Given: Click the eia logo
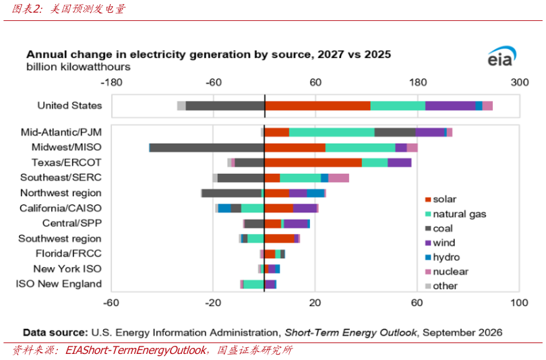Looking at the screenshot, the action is click(502, 57).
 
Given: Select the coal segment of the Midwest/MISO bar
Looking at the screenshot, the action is click(207, 148).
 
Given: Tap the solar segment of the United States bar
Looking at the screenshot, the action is click(317, 106).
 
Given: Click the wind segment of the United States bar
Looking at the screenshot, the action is click(450, 106).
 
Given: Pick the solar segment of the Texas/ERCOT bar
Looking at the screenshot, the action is click(313, 162).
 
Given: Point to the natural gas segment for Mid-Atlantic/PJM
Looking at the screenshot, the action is click(332, 132).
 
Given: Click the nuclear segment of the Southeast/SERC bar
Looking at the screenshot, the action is click(338, 178).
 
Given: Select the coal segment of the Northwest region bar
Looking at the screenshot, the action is click(232, 193).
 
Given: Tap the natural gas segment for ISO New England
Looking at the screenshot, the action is click(253, 284).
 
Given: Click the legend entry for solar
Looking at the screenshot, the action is click(440, 200).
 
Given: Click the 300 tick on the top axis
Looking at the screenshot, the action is click(520, 82).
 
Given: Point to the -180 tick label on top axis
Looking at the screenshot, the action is click(111, 82).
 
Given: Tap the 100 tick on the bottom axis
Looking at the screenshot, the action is click(519, 303).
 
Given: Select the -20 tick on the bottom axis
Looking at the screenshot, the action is click(213, 303).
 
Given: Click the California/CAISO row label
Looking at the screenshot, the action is click(61, 208).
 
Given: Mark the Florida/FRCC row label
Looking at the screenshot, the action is click(69, 253).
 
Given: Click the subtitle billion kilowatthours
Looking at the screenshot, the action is click(78, 67).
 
